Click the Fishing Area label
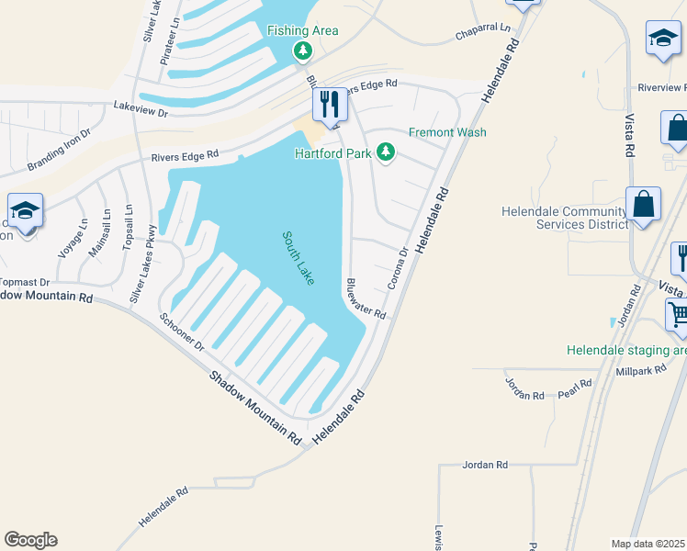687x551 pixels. click(302, 30)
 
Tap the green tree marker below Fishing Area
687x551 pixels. click(302, 51)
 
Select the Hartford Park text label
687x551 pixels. click(332, 152)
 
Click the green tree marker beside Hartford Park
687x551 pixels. click(387, 152)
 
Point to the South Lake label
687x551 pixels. click(298, 257)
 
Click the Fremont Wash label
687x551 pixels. click(447, 132)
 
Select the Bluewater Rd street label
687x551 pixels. click(366, 298)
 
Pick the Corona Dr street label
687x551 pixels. click(398, 268)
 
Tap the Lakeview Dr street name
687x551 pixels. click(141, 110)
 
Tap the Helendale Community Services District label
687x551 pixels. click(565, 218)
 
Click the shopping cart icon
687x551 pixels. click(678, 315)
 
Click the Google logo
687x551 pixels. click(30, 540)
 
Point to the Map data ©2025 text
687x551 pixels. click(647, 543)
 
